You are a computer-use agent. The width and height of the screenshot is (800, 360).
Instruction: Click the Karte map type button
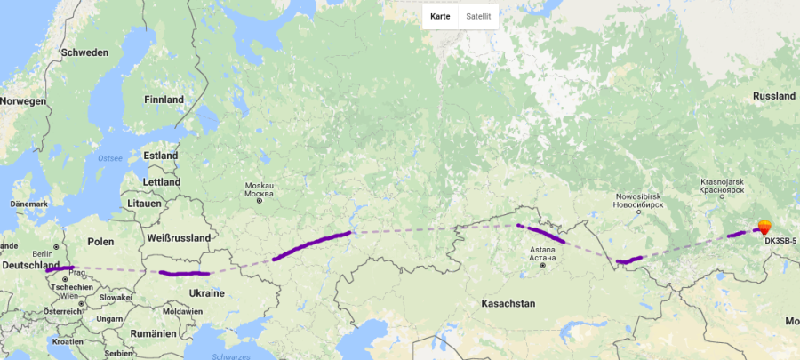[440, 16]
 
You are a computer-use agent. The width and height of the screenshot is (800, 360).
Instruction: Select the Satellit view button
[478, 16]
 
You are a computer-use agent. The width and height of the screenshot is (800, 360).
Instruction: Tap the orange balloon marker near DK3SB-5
[764, 227]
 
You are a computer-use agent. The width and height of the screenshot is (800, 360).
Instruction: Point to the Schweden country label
[84, 52]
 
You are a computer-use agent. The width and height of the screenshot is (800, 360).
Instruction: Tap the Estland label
[161, 156]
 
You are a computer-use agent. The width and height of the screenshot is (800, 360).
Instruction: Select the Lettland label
[161, 182]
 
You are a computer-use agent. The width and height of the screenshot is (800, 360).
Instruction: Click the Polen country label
[101, 242]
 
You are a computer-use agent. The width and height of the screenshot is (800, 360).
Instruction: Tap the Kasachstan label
[508, 304]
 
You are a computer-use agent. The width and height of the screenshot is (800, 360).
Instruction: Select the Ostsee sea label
[109, 157]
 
